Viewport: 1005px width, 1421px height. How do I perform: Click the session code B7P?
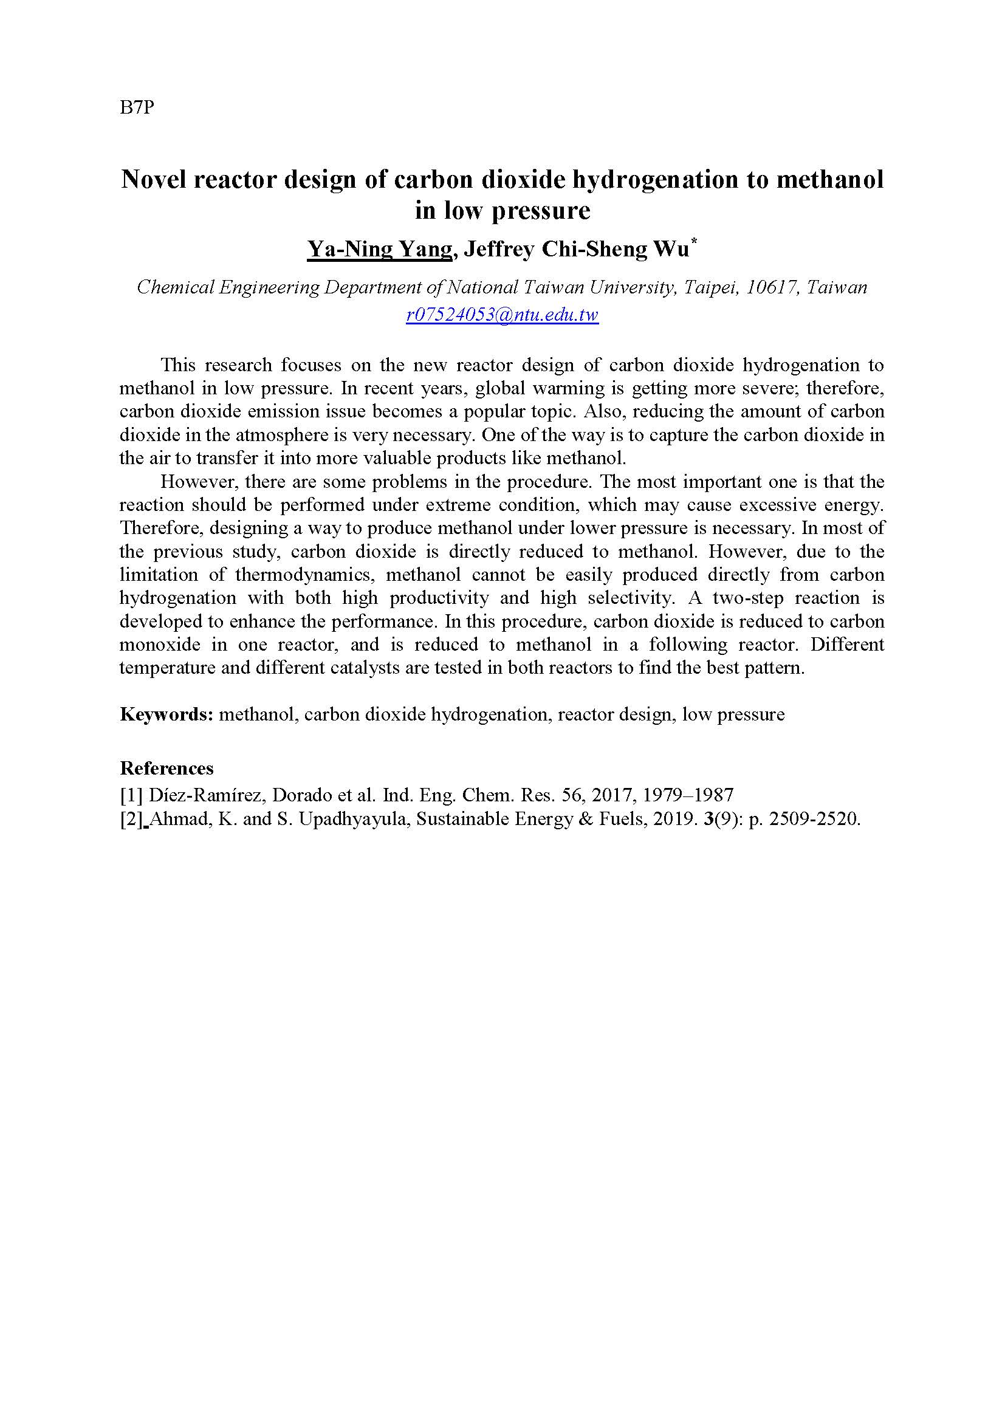(137, 108)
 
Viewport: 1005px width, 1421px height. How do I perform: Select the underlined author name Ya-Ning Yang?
(379, 249)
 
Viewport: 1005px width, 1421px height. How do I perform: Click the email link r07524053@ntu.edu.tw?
(502, 315)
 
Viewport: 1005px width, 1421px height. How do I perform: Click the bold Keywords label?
(166, 715)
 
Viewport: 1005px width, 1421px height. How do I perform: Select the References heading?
(166, 769)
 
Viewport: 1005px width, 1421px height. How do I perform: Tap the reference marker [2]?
(131, 820)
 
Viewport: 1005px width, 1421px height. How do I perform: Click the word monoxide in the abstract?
(160, 645)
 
